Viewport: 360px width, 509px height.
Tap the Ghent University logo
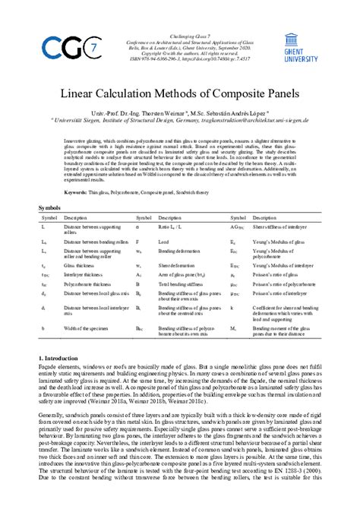(x=302, y=47)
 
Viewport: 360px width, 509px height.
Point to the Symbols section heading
(x=51, y=207)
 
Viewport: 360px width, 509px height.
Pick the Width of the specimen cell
(x=83, y=327)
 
